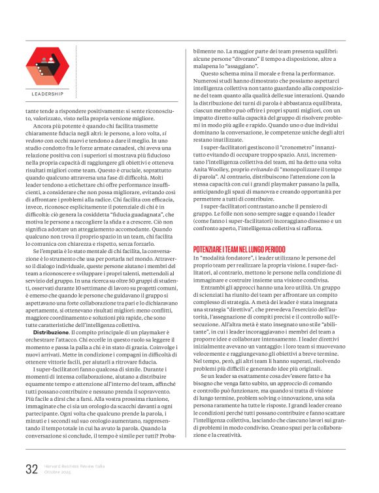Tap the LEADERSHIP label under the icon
pyautogui.click(x=47, y=94)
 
